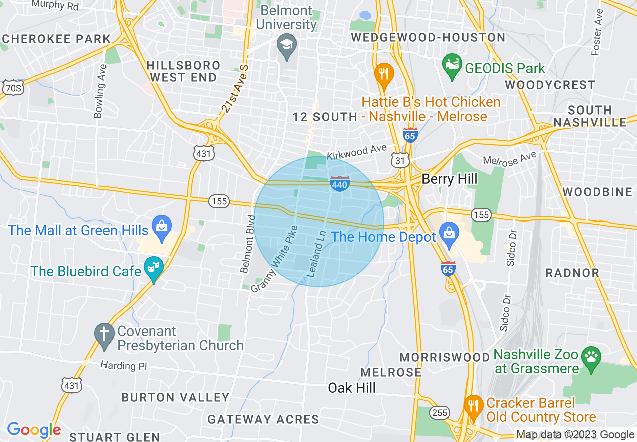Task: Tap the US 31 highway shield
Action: click(x=400, y=160)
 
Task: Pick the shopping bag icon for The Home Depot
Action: click(x=448, y=234)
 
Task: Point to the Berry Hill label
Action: click(x=450, y=179)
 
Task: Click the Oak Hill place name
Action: click(x=352, y=388)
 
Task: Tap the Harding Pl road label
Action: click(x=123, y=365)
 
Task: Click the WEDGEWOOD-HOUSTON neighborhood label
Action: click(x=428, y=38)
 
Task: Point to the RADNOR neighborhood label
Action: click(x=572, y=273)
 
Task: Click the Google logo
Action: click(x=34, y=430)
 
